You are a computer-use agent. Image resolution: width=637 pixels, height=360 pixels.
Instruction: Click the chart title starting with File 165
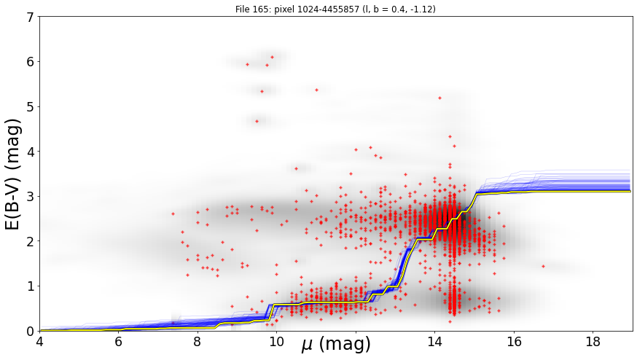[335, 9]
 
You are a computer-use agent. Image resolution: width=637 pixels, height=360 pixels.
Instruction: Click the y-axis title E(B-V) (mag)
[13, 174]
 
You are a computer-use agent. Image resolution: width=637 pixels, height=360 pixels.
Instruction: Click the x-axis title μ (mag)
[336, 345]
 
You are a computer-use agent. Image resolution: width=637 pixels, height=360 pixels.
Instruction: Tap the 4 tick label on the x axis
[39, 342]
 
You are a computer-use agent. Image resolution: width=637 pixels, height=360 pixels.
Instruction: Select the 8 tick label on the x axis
[198, 342]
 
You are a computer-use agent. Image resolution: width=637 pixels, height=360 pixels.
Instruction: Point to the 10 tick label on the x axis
[277, 342]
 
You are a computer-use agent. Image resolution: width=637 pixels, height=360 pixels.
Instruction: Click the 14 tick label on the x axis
[434, 342]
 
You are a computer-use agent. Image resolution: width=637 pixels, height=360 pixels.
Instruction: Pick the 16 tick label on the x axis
[514, 342]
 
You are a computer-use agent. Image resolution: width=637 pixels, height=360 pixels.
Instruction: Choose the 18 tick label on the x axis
[593, 342]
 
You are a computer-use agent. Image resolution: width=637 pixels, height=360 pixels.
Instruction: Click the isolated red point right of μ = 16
[543, 266]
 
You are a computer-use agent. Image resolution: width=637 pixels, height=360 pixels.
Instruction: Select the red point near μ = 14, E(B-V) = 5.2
[439, 98]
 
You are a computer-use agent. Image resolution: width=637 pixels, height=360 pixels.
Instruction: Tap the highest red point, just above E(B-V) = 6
[272, 58]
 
